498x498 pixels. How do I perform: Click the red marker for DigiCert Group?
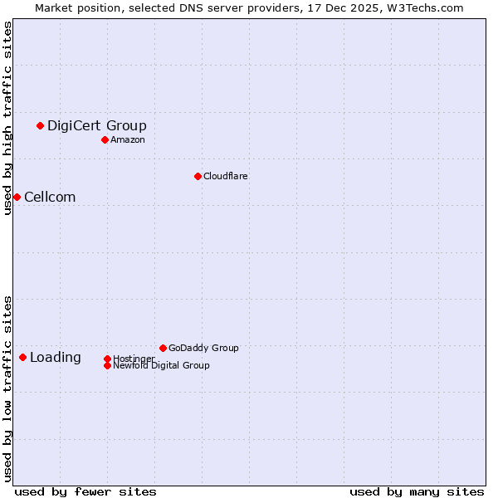click(x=40, y=125)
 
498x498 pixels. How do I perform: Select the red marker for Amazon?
click(x=105, y=139)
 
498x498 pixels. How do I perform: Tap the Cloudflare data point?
click(x=198, y=176)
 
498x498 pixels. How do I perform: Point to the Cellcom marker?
click(x=17, y=197)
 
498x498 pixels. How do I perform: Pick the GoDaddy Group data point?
click(x=163, y=348)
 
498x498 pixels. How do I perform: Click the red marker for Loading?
click(x=22, y=357)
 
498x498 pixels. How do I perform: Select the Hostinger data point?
click(x=107, y=359)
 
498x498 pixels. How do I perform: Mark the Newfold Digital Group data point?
click(x=107, y=365)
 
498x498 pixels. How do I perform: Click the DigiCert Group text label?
click(x=96, y=125)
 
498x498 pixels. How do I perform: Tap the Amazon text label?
click(x=128, y=139)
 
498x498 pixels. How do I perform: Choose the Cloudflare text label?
click(x=226, y=176)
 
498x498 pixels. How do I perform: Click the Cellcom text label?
click(x=50, y=197)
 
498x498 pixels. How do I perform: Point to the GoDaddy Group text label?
click(x=203, y=348)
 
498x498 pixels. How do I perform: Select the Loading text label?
click(x=56, y=357)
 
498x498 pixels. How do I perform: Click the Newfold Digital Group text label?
click(x=161, y=365)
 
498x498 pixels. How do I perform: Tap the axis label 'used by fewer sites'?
click(x=85, y=491)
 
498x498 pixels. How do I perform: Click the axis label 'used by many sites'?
click(x=417, y=491)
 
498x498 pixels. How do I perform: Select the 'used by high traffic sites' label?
click(x=7, y=118)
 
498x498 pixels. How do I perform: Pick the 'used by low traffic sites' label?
click(x=7, y=388)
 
